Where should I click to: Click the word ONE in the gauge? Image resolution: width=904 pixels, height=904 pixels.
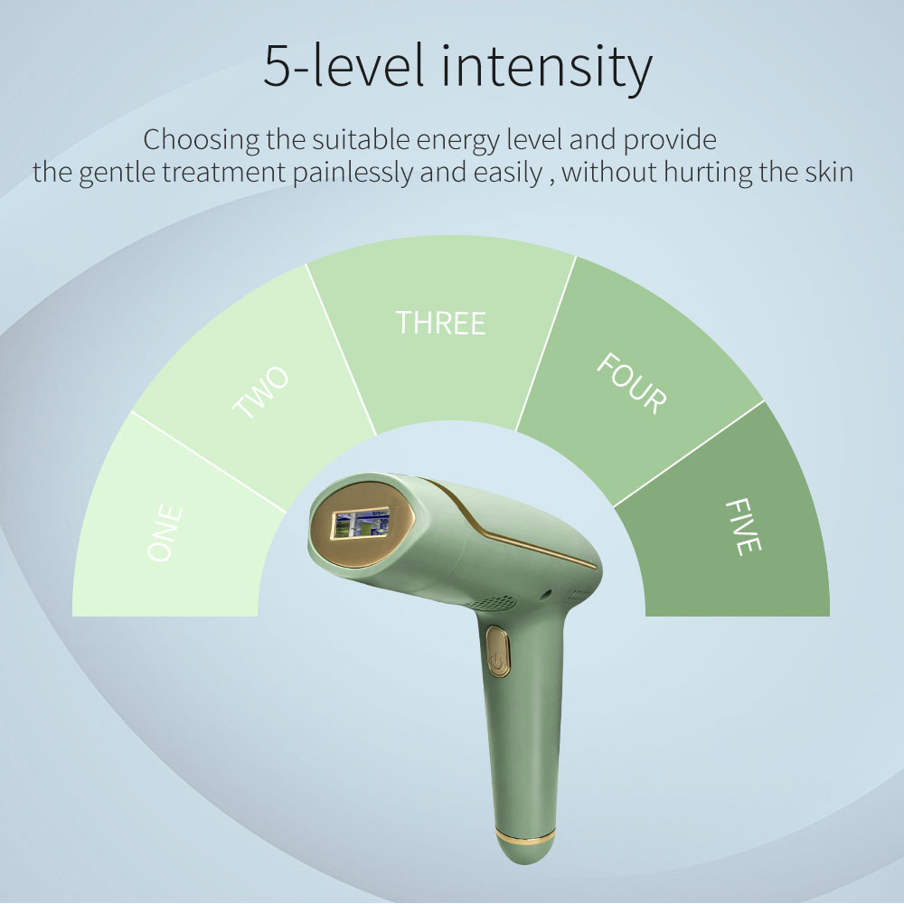coord(165,532)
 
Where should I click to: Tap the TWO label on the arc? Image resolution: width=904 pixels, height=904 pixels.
coord(260,392)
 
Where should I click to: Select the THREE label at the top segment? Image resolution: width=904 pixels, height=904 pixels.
coord(440,323)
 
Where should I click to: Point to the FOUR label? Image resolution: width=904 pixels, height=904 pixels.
coord(631,383)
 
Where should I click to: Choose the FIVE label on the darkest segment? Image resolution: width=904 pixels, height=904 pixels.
coord(742,526)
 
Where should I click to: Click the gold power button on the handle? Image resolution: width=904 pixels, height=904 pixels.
coord(498,652)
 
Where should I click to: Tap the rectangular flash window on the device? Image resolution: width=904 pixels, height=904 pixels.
coord(360,524)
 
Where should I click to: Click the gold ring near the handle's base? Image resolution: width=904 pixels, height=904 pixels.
coord(524,834)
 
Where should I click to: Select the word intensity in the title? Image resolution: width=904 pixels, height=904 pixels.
coord(547,68)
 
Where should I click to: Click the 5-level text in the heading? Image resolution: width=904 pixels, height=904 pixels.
coord(344,65)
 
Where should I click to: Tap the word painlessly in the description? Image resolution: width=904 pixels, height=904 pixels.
coord(353,173)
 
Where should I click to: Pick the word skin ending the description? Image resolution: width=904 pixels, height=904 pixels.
coord(829,172)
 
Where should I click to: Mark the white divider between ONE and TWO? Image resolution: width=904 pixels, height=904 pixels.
coord(209,461)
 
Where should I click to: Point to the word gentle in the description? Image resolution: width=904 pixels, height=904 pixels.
coord(117,173)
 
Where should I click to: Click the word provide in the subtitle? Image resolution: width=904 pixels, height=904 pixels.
coord(670,141)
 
